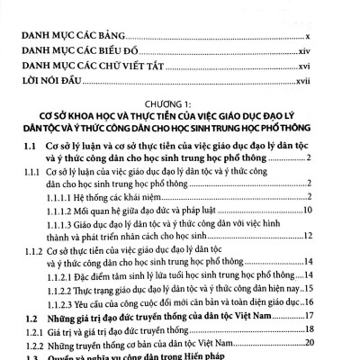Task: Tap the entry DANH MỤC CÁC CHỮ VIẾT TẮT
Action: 98,66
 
